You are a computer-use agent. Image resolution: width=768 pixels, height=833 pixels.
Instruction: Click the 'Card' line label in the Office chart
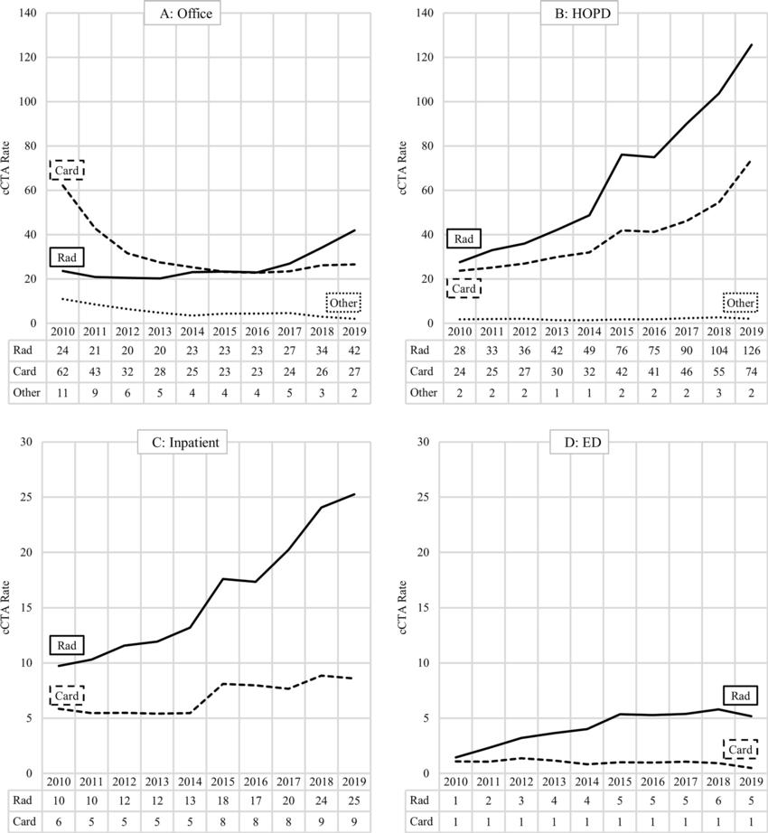[x=66, y=170]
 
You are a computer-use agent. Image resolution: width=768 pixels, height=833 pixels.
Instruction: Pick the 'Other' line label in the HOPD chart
[x=740, y=303]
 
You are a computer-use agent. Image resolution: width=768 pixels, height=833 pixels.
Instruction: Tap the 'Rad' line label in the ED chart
[x=740, y=695]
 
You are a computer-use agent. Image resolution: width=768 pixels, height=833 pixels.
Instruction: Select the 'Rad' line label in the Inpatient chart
[x=67, y=645]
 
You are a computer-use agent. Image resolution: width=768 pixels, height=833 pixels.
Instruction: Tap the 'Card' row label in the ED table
[x=421, y=822]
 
